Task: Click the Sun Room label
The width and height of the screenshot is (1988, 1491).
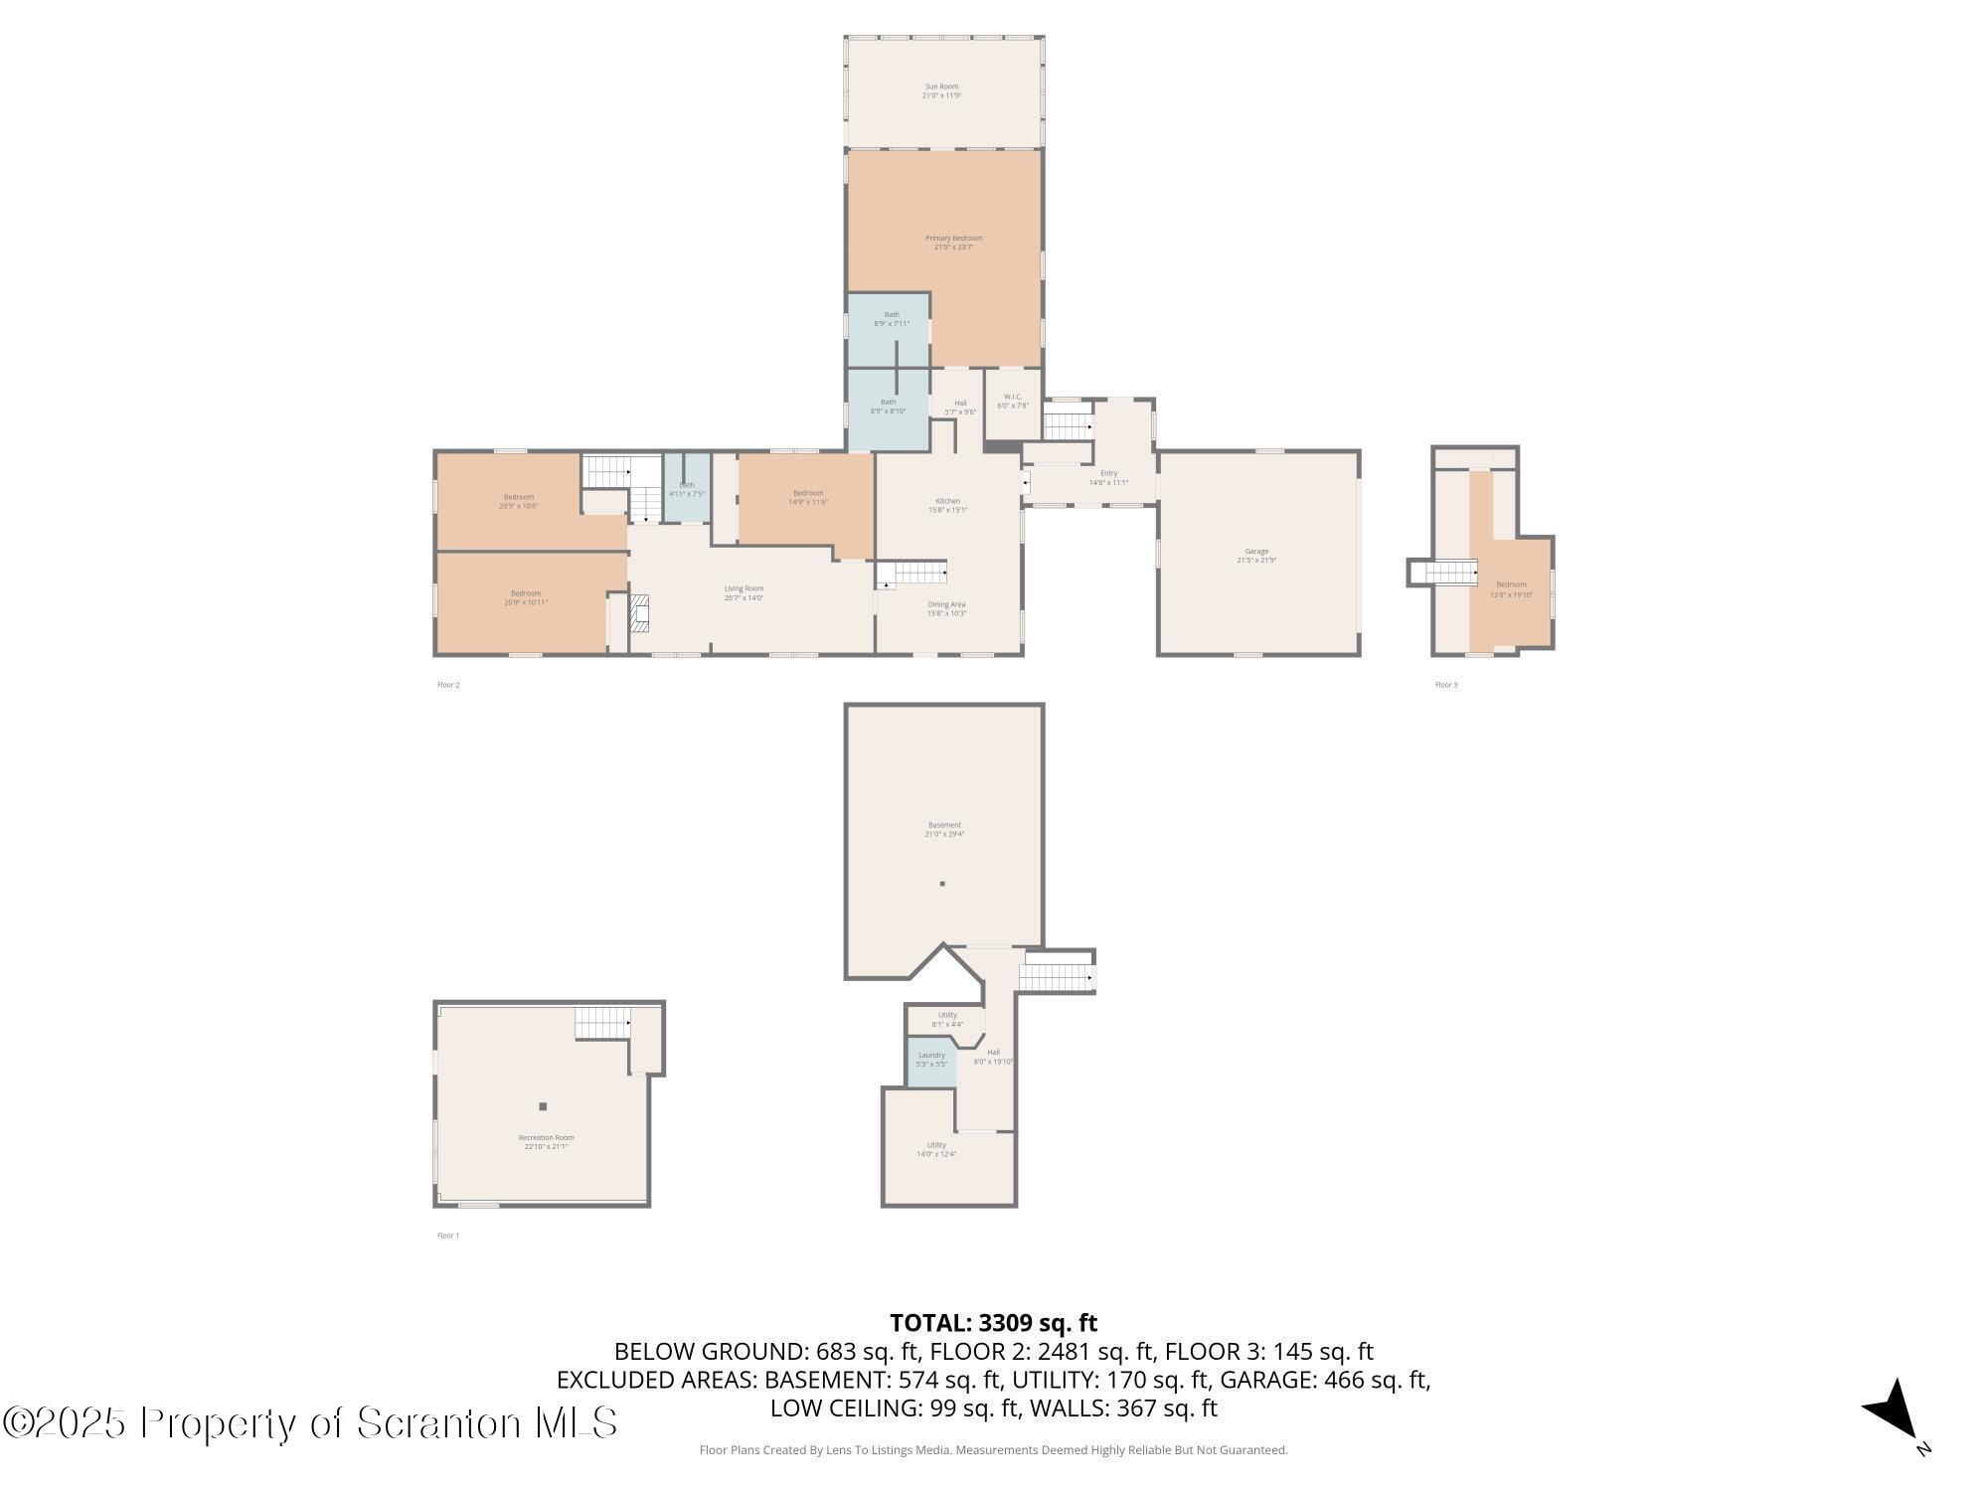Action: click(x=941, y=90)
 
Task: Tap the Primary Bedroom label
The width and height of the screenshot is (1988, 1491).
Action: click(x=953, y=242)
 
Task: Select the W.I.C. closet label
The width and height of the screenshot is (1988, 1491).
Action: click(x=1013, y=401)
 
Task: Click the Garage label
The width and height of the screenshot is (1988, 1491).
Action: click(x=1256, y=555)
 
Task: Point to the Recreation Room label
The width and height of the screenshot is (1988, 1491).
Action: click(x=546, y=1141)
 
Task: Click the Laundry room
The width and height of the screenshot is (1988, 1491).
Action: click(x=931, y=1060)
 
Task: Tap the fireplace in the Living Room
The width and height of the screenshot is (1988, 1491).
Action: click(x=640, y=613)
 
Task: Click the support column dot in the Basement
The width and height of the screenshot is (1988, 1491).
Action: click(x=942, y=884)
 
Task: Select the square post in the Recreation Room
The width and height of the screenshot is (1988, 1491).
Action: click(x=543, y=1106)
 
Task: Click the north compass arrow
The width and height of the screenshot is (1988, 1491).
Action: click(x=1894, y=1412)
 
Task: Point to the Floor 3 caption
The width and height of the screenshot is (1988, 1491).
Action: click(x=1446, y=685)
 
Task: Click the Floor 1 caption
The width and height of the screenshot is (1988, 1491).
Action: click(x=448, y=1236)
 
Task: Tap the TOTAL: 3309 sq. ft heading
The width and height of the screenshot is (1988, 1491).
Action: click(x=993, y=1323)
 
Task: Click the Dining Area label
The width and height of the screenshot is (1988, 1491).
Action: click(x=946, y=608)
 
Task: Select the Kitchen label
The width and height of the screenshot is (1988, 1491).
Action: click(x=947, y=505)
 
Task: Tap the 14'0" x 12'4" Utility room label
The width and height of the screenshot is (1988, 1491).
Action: click(x=936, y=1149)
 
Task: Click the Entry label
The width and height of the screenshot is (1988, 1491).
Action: click(x=1108, y=477)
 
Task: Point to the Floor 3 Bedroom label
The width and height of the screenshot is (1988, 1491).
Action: click(x=1511, y=589)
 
